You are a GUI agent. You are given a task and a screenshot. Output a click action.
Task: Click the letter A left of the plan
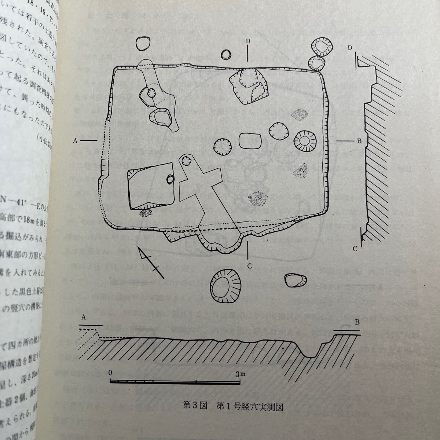pyautogui.click(x=75, y=140)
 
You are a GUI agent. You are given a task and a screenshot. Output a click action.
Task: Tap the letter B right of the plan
pyautogui.click(x=359, y=140)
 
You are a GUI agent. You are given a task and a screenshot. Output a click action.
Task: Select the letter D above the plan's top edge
pyautogui.click(x=248, y=41)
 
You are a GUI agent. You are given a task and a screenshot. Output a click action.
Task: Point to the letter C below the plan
pyautogui.click(x=249, y=266)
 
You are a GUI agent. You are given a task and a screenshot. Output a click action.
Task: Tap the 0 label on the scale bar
pyautogui.click(x=110, y=373)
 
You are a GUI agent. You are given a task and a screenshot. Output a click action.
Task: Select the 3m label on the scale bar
pyautogui.click(x=241, y=374)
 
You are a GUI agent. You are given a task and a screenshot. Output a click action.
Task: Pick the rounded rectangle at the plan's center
pyautogui.click(x=250, y=141)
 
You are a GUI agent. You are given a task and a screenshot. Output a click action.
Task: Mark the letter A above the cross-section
pyautogui.click(x=83, y=318)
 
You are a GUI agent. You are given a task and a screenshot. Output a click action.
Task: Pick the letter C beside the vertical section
pyautogui.click(x=355, y=249)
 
